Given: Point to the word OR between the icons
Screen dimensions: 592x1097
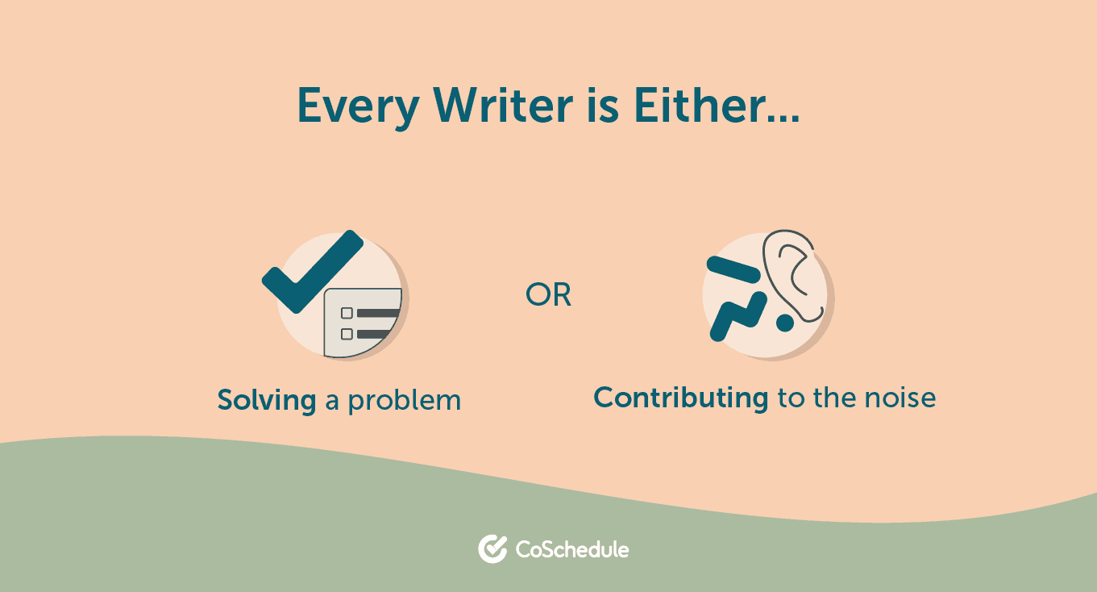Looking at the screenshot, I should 548,296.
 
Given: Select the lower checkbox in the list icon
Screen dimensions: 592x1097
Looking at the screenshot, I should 347,333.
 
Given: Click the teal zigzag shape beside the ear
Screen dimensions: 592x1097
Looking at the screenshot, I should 736,315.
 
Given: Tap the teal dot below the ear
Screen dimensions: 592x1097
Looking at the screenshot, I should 783,323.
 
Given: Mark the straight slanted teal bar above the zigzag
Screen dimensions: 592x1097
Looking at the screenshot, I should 732,269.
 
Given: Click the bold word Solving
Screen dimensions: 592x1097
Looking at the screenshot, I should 267,400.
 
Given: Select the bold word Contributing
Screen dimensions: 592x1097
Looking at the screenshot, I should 681,398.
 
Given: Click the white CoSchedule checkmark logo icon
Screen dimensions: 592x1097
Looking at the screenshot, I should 491,549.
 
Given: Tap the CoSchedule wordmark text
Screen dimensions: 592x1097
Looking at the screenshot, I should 572,550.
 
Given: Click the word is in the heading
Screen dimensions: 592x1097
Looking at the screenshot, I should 602,105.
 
